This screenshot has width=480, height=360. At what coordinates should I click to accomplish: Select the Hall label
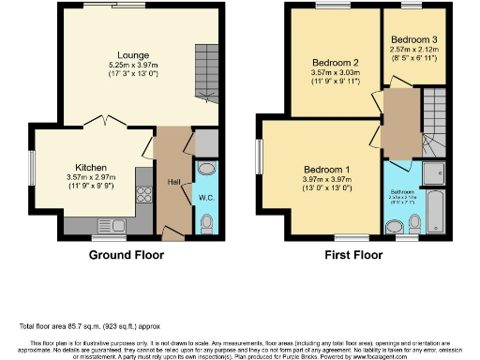click(173, 182)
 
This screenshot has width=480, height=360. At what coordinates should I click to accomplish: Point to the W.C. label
click(207, 198)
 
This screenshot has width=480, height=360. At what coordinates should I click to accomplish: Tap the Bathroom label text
click(402, 191)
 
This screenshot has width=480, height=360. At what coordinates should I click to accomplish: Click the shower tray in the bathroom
click(434, 171)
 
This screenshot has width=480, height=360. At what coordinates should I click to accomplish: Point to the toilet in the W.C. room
click(207, 222)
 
